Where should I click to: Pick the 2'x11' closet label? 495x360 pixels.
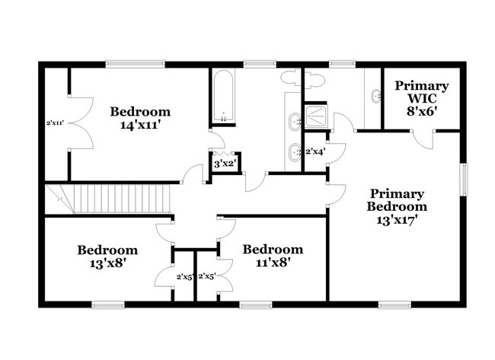[x=54, y=122]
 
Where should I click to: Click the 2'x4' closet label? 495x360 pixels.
[x=315, y=152]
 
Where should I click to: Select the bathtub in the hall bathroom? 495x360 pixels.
[x=224, y=97]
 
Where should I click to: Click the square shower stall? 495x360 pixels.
[x=315, y=116]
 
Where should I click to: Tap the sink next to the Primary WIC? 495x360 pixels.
[x=374, y=97]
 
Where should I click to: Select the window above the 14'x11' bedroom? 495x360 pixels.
[x=134, y=64]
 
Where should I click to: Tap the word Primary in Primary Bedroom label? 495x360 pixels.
[x=397, y=194]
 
